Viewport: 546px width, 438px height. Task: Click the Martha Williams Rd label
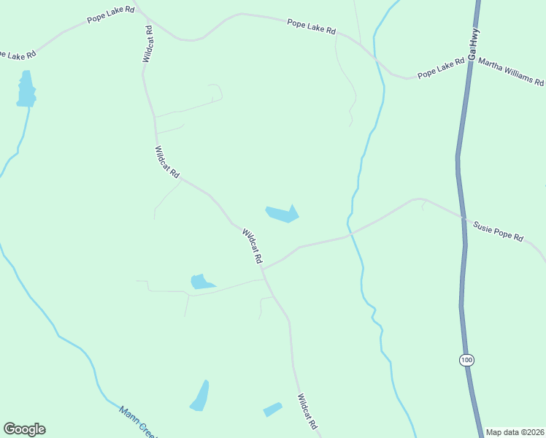tap(511, 72)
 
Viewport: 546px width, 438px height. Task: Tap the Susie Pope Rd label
tap(499, 232)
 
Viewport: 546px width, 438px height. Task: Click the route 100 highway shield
tap(466, 359)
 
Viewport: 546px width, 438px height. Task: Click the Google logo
tap(24, 429)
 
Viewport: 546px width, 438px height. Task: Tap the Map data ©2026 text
tap(515, 432)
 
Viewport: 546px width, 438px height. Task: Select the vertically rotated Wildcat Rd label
tap(148, 44)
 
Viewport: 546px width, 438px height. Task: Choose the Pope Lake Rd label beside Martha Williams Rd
tap(441, 69)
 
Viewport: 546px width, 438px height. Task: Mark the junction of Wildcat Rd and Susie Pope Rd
tap(263, 269)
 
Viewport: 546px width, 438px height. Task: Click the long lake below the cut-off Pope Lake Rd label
tap(26, 89)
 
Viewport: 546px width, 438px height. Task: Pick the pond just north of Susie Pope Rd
tap(282, 214)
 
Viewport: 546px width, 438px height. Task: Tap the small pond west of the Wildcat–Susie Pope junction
tap(200, 281)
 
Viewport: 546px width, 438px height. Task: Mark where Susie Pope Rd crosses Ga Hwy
tap(463, 217)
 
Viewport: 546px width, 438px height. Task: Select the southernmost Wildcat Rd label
tap(307, 412)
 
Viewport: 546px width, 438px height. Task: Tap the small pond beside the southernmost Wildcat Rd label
tap(272, 410)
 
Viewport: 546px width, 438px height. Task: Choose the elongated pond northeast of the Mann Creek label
tap(200, 396)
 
